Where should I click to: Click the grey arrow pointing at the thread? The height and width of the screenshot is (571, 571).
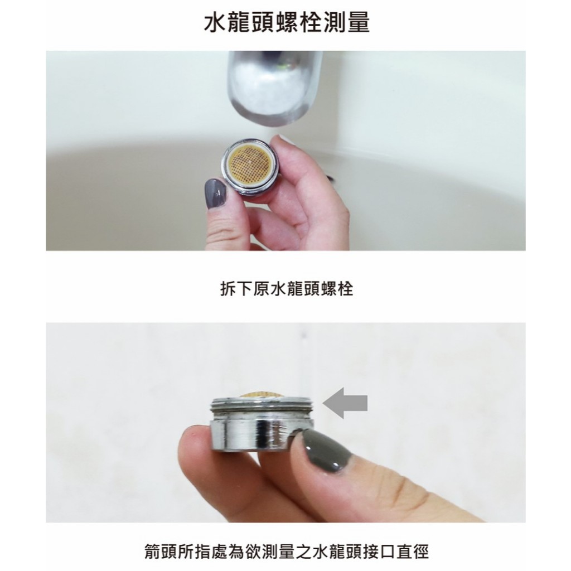pyautogui.click(x=345, y=403)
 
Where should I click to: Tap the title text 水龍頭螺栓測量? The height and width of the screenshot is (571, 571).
pyautogui.click(x=287, y=22)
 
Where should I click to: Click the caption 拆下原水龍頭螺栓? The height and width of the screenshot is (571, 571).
pyautogui.click(x=287, y=289)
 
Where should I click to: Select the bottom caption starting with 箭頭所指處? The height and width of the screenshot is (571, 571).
pyautogui.click(x=287, y=551)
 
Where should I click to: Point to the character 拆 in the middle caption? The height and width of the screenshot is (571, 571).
pyautogui.click(x=228, y=289)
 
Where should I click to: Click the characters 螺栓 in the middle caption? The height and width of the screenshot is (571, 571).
pyautogui.click(x=337, y=289)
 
